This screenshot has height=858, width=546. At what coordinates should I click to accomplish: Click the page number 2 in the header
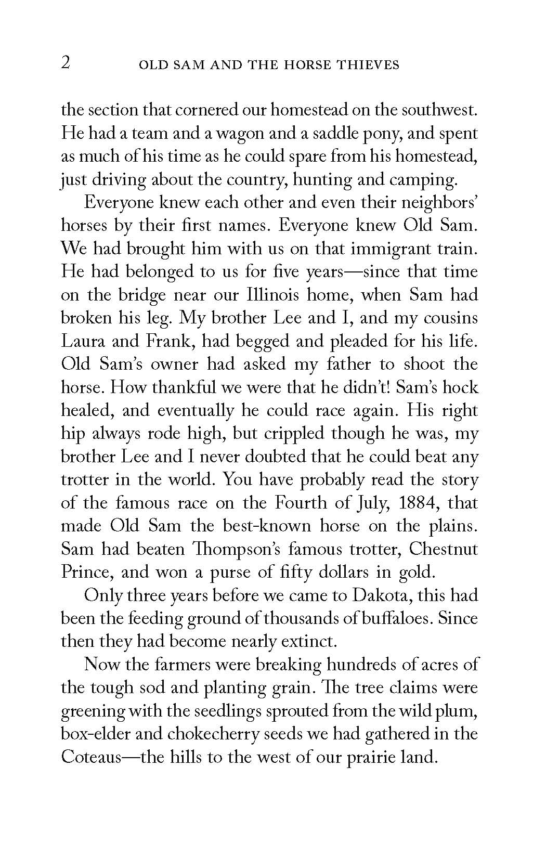66,64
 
